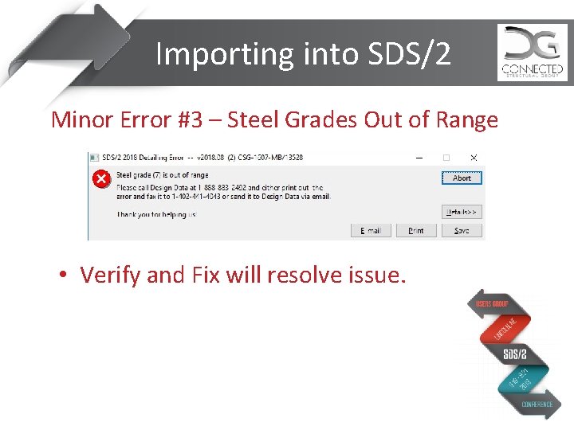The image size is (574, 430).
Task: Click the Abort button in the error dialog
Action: click(462, 178)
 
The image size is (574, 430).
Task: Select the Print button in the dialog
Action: click(416, 230)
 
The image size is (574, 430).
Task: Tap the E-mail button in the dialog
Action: click(371, 230)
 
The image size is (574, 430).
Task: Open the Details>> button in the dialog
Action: click(462, 212)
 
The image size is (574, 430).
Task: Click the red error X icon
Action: click(101, 178)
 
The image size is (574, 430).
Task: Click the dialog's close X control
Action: click(474, 158)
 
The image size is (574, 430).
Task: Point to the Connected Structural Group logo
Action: click(532, 53)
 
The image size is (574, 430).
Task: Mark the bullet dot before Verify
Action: click(61, 276)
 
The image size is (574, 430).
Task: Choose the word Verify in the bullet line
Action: click(112, 276)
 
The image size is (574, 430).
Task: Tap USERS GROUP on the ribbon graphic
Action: click(492, 304)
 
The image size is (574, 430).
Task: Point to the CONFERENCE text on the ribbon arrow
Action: click(537, 405)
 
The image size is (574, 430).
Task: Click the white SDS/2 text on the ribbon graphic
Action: click(515, 354)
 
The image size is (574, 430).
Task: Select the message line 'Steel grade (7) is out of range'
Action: click(163, 175)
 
